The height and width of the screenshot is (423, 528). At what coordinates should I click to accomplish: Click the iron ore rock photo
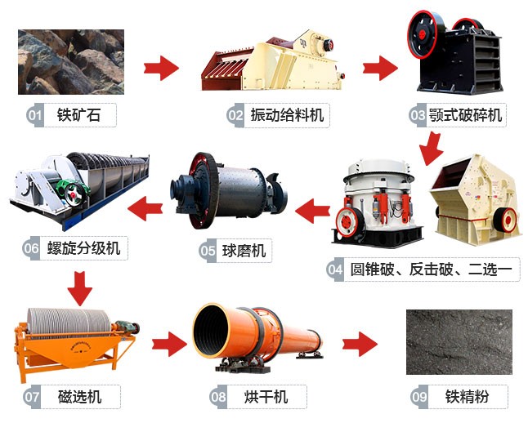point(71,62)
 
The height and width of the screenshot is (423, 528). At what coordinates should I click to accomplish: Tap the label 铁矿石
point(82,115)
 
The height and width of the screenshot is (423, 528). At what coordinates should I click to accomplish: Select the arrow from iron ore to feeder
point(161,68)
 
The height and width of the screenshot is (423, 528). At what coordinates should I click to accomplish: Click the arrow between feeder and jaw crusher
point(378,68)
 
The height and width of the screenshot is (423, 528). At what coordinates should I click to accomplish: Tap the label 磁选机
point(81,397)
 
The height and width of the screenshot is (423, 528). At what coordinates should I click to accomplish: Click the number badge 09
point(419,398)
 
